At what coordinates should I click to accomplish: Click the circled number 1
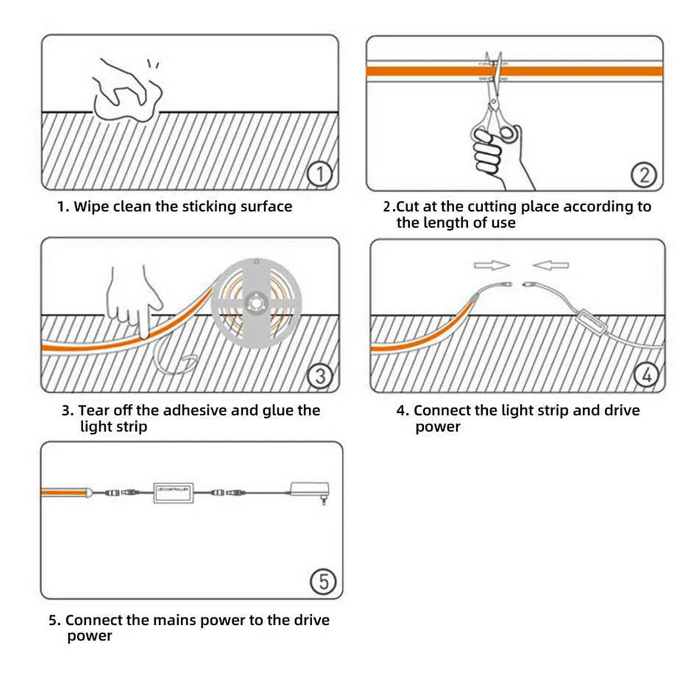click(x=320, y=175)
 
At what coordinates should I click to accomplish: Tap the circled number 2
click(x=644, y=175)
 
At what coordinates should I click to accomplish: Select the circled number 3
click(x=320, y=376)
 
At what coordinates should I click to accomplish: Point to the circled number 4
click(x=646, y=375)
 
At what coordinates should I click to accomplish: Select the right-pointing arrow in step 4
click(x=492, y=265)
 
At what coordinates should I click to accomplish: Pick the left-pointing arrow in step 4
click(x=551, y=265)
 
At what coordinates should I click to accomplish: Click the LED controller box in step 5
click(x=172, y=492)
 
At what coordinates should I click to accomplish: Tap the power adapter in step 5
click(x=309, y=491)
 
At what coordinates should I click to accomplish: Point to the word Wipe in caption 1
click(x=90, y=207)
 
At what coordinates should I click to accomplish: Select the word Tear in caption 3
click(x=94, y=411)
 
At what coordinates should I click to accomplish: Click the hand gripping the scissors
click(x=495, y=152)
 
